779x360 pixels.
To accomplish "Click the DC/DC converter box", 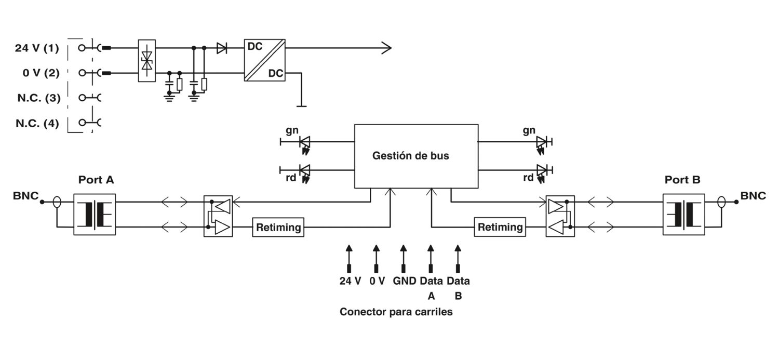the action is tap(265, 60).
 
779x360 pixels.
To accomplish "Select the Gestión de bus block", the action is tap(417, 156).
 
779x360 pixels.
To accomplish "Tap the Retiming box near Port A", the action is tap(278, 227).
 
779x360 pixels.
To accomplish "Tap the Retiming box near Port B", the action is tap(500, 227).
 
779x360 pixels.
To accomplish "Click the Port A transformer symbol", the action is tap(95, 214).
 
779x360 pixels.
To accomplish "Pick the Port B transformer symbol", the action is tap(684, 214).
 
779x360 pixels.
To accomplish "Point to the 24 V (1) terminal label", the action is tap(37, 48).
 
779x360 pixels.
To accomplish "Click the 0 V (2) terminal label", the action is tap(41, 73).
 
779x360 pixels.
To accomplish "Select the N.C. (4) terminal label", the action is tap(37, 123).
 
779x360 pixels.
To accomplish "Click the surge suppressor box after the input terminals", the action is tap(147, 61).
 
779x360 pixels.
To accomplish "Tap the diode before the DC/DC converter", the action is tap(222, 48).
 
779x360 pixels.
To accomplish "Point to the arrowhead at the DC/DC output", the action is tap(387, 48).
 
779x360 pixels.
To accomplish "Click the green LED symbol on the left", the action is tap(305, 144).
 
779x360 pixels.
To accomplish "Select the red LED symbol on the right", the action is tap(541, 173).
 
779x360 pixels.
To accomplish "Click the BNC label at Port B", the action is tap(753, 196).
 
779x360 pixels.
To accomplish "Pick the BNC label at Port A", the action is tap(26, 196).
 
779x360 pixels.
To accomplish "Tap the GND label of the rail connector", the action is tap(404, 281).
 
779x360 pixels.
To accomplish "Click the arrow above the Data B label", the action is tap(458, 258).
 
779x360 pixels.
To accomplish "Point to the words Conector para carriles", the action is tap(396, 312).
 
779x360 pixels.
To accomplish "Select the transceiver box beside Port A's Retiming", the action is tap(218, 216).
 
